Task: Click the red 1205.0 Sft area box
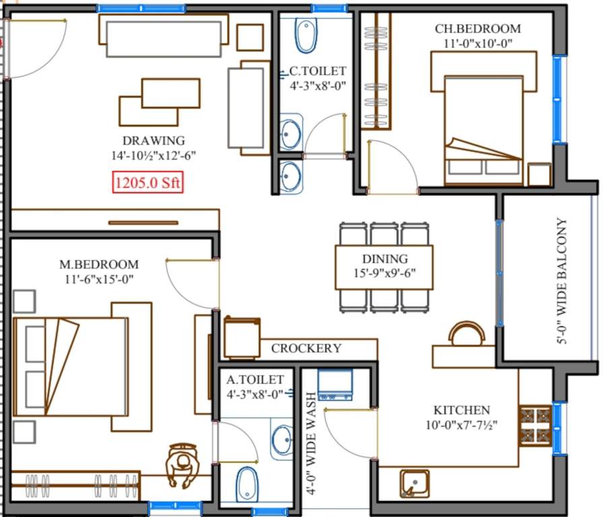[x=147, y=182]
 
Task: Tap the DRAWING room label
[x=153, y=141]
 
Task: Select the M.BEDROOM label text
[x=98, y=265]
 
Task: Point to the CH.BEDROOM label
[x=477, y=28]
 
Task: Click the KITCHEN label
[x=461, y=410]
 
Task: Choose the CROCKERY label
[x=306, y=349]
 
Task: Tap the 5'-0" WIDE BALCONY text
[x=562, y=281]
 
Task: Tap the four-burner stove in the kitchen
[x=535, y=425]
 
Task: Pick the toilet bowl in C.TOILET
[x=306, y=36]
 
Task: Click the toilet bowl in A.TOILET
[x=247, y=484]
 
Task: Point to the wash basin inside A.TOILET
[x=282, y=440]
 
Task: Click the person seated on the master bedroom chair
[x=182, y=465]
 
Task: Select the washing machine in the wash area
[x=335, y=384]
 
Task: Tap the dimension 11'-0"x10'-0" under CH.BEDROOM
[x=477, y=44]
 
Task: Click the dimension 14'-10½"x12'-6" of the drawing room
[x=153, y=156]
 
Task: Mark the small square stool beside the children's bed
[x=539, y=174]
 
